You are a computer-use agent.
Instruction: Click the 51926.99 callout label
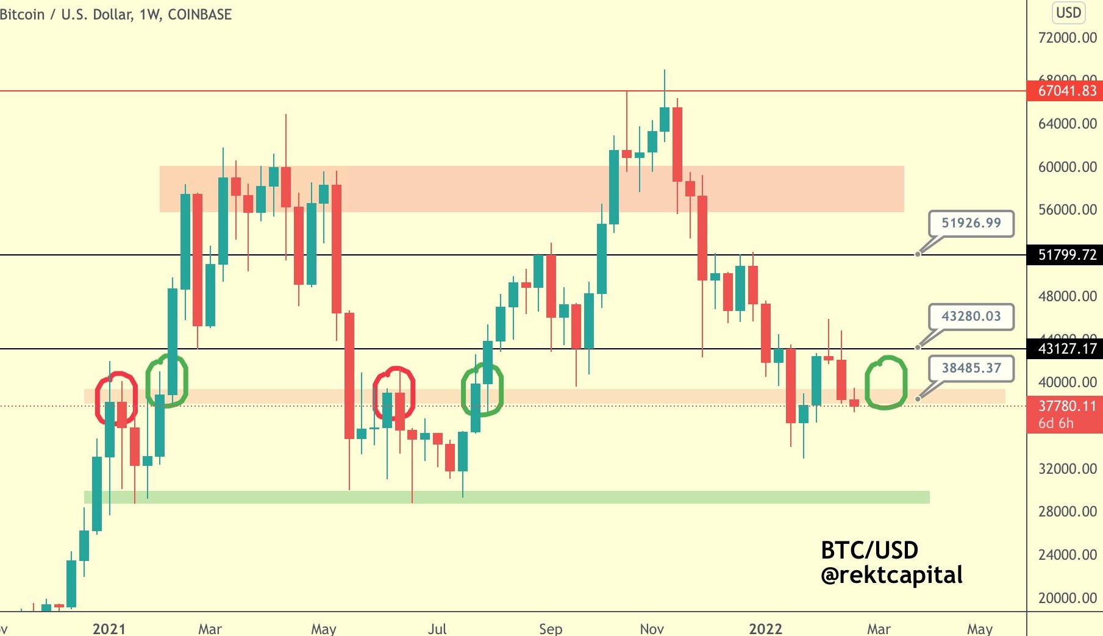click(x=971, y=223)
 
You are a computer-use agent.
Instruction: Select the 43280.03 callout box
click(x=971, y=316)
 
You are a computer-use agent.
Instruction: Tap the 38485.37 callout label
click(x=971, y=368)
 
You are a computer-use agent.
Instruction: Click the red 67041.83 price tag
click(x=1066, y=91)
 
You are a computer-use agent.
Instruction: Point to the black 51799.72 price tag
click(x=1066, y=255)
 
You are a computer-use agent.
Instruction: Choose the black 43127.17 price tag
click(x=1066, y=349)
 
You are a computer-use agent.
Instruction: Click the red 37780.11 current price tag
click(x=1066, y=406)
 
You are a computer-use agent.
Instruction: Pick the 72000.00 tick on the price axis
click(x=1067, y=38)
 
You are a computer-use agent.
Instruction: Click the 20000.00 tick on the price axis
click(x=1067, y=598)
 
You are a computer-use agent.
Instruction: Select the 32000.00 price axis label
click(x=1067, y=469)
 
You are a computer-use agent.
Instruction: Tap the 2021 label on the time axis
click(x=109, y=629)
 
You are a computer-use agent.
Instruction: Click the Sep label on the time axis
click(x=551, y=629)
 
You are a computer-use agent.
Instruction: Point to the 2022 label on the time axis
click(x=765, y=629)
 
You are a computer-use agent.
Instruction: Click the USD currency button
click(x=1068, y=13)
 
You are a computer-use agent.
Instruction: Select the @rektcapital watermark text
click(x=891, y=575)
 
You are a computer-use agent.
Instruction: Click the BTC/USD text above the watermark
click(x=869, y=551)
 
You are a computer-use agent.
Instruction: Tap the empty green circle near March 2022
click(x=886, y=383)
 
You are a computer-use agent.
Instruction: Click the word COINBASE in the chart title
click(x=199, y=15)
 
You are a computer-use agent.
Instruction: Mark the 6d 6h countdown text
click(x=1056, y=423)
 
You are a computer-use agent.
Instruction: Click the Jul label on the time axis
click(x=437, y=629)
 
